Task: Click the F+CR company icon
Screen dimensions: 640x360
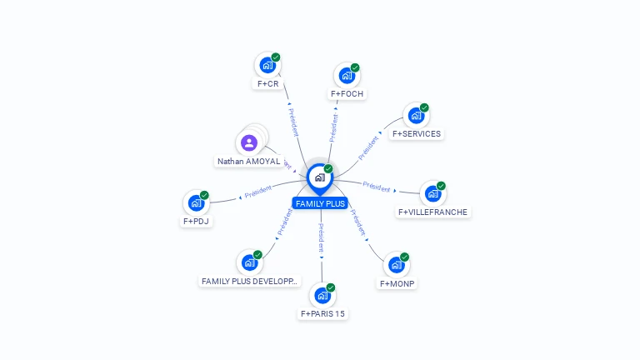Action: tap(267, 65)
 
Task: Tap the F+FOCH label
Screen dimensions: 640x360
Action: tap(348, 94)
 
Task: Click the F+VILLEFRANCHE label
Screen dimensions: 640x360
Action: tap(433, 212)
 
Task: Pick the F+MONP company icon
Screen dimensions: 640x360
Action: tap(396, 265)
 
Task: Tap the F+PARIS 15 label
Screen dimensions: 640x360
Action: tap(322, 314)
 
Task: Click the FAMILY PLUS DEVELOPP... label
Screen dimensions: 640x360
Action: tap(249, 282)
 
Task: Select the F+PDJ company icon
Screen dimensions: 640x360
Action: tap(196, 202)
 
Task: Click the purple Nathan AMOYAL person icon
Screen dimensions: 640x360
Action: tap(248, 142)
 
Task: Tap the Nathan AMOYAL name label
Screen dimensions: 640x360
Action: tap(248, 162)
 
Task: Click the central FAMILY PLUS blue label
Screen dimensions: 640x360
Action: tap(320, 203)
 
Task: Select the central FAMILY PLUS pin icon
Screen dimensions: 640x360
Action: tap(319, 177)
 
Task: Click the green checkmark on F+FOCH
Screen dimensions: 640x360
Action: tap(355, 67)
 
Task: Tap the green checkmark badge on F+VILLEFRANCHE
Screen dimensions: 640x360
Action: tap(441, 186)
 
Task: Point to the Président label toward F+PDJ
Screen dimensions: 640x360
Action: tap(258, 191)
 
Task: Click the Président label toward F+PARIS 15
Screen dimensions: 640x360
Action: tap(321, 237)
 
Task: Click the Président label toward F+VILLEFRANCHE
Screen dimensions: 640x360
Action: tap(377, 187)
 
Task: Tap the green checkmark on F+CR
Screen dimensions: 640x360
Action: tap(276, 57)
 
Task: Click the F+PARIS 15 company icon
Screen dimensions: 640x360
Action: tap(322, 295)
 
